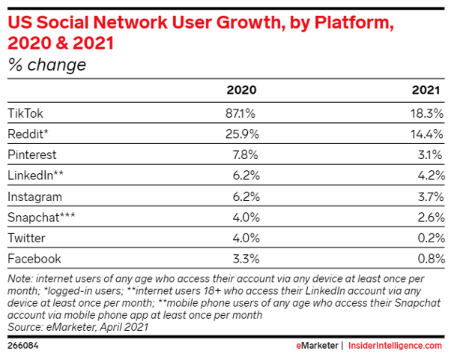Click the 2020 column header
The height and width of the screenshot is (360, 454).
point(241,90)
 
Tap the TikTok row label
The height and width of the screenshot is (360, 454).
point(26,112)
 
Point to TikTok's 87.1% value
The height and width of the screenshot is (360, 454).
point(240,112)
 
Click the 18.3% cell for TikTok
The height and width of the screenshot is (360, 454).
point(428,112)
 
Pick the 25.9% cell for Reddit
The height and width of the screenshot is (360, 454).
point(240,133)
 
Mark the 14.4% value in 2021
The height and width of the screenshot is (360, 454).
point(428,133)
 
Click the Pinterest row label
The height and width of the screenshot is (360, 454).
point(32,154)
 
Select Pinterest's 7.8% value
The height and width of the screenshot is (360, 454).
point(243,154)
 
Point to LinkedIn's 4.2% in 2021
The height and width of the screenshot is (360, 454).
point(431,175)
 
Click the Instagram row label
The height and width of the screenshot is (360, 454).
point(34,196)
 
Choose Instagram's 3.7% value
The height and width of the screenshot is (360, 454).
point(431,196)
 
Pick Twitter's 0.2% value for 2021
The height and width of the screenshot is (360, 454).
point(431,238)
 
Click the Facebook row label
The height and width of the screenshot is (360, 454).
point(34,259)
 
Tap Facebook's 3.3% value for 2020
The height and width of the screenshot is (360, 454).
point(243,259)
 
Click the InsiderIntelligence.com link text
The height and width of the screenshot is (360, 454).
point(396,346)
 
